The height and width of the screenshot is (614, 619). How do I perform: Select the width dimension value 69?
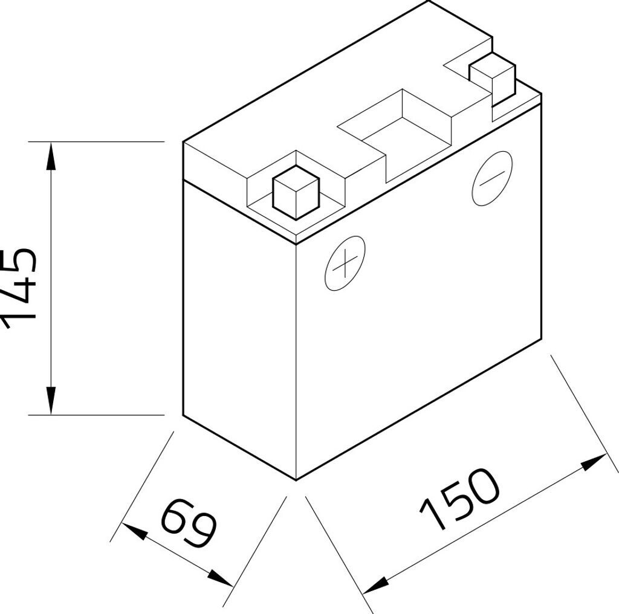coord(189,523)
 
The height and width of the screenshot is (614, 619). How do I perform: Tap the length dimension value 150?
coord(461,499)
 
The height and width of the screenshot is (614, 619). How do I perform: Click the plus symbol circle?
coord(345,263)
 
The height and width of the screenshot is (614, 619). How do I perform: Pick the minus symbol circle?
coord(491,178)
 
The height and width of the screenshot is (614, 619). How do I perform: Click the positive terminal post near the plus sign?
coord(296,192)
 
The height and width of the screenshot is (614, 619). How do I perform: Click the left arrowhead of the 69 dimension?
coord(133,532)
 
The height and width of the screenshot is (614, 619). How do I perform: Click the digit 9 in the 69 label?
coord(203,532)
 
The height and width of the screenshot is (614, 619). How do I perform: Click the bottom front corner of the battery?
coord(296,480)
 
